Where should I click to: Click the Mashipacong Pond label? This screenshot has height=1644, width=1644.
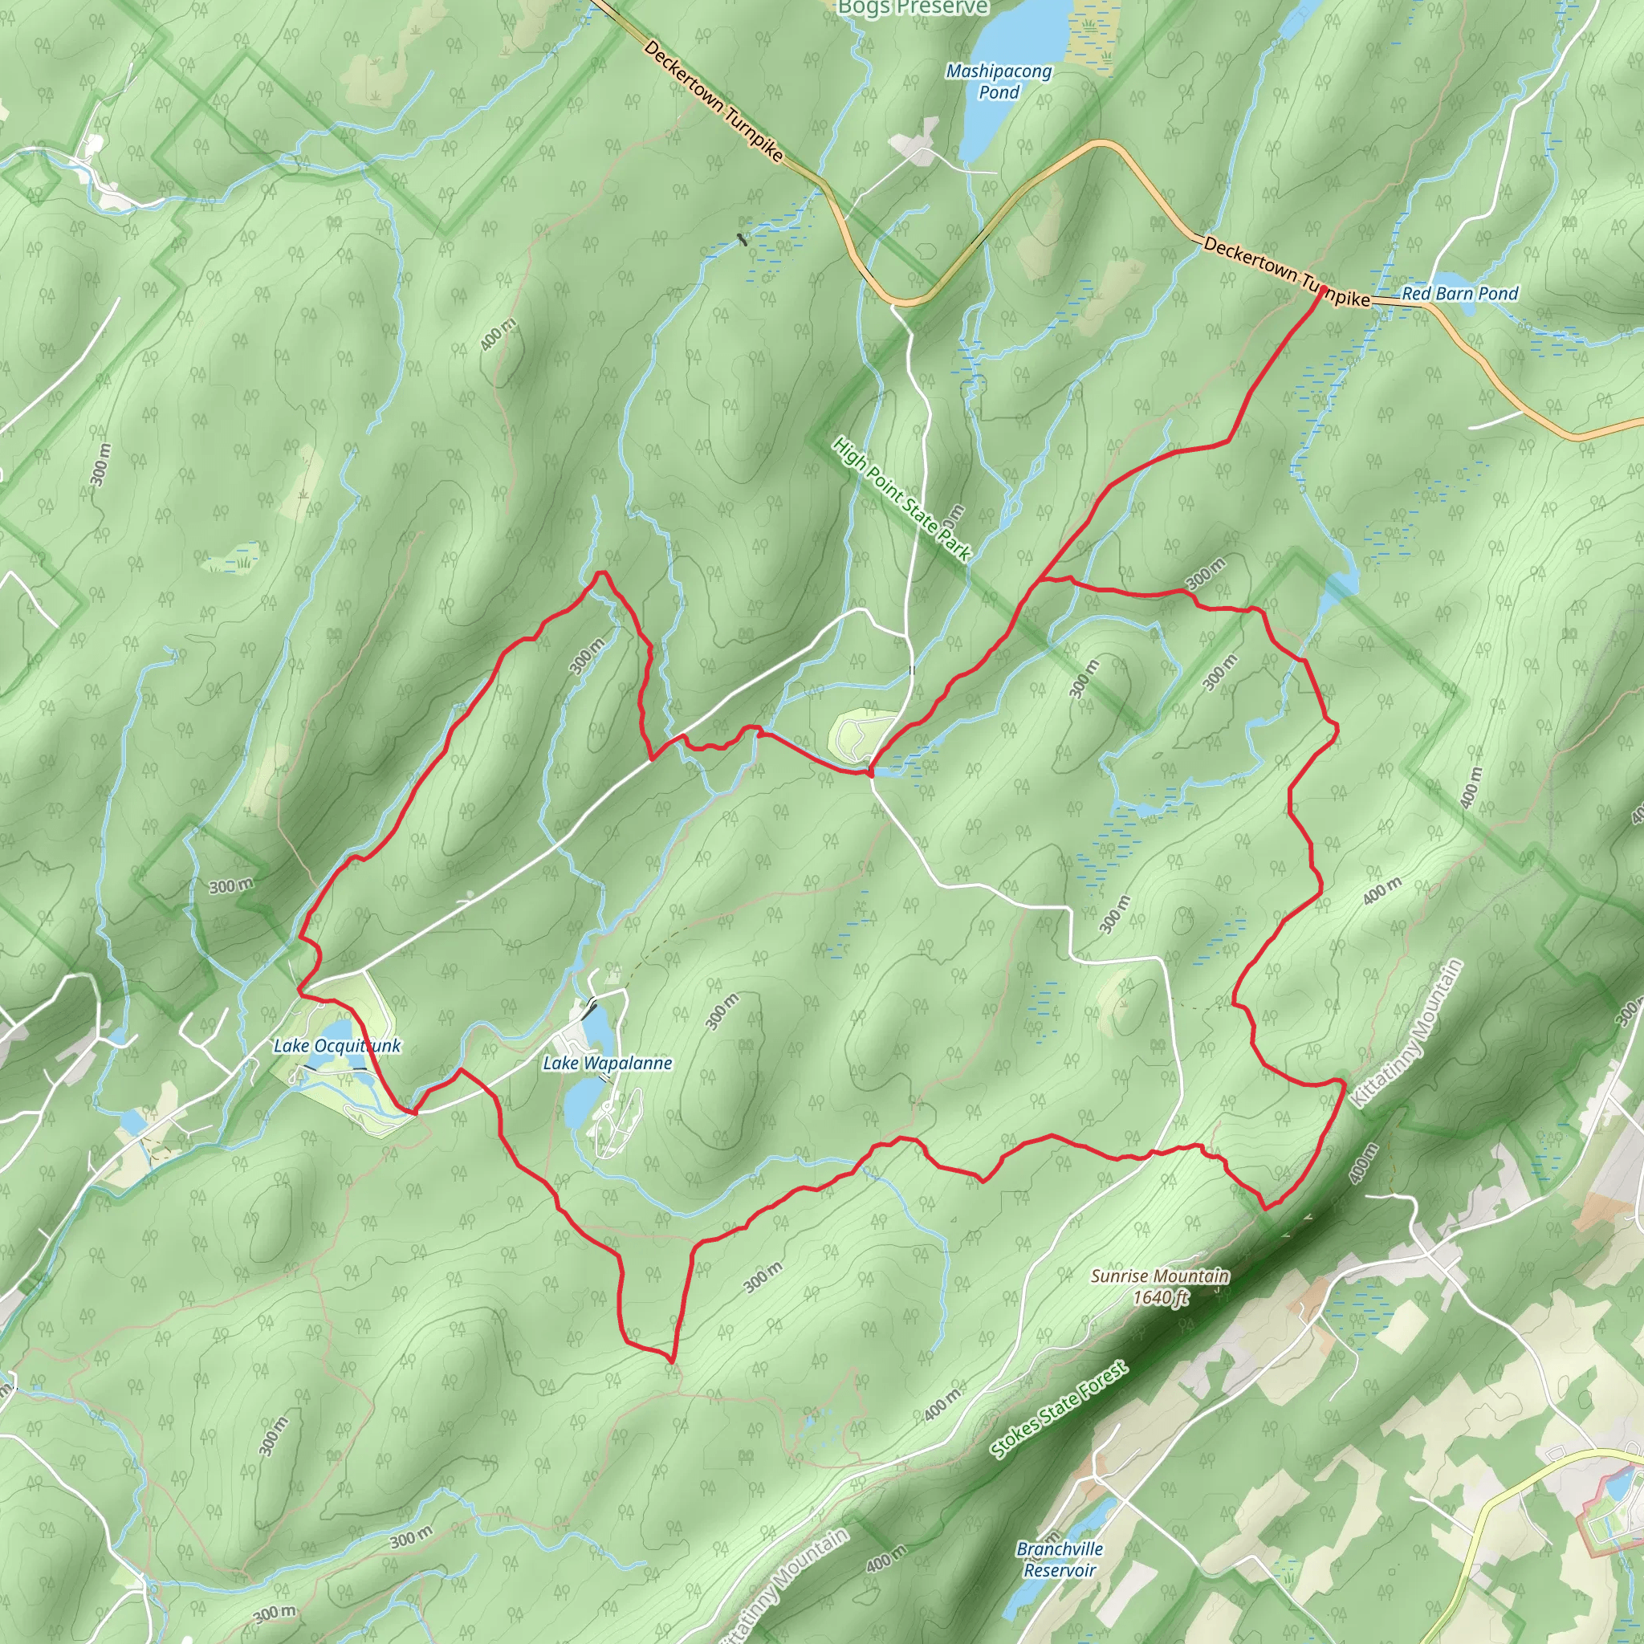point(999,82)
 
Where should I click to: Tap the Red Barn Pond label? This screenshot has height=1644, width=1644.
point(1459,294)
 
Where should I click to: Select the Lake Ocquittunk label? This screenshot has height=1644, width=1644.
point(336,1046)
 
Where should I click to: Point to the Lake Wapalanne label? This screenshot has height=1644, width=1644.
point(608,1063)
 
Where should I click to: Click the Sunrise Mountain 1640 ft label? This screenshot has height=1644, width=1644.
point(1160,1287)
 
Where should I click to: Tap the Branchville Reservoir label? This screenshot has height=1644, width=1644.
point(1060,1560)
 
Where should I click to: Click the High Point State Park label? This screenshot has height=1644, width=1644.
point(901,499)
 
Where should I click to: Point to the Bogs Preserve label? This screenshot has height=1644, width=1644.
point(912,8)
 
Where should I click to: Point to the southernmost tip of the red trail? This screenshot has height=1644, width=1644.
point(672,1361)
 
